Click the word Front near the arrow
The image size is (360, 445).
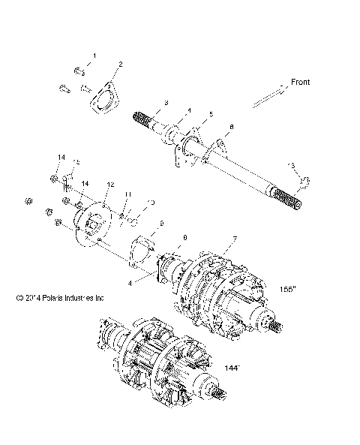coord(300,82)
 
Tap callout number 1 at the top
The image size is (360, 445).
coord(94,56)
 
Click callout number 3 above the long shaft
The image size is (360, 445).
coord(166,102)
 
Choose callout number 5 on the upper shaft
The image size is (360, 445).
coord(211,114)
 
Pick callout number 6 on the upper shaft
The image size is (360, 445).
coord(231,128)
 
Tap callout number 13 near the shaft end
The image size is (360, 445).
coord(292,165)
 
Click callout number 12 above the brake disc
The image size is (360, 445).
coord(109,184)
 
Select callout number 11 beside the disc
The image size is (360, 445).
coord(128,194)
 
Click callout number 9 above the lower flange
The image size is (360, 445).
coord(160,224)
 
